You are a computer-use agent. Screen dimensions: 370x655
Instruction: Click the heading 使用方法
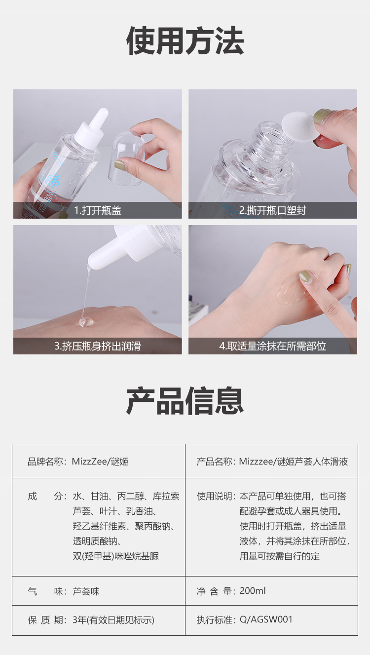click(x=185, y=40)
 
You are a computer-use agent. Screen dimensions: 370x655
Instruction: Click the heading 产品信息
click(x=185, y=400)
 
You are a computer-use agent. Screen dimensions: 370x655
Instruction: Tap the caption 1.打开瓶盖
click(x=98, y=210)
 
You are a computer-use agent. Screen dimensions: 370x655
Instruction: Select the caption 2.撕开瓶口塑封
click(x=272, y=210)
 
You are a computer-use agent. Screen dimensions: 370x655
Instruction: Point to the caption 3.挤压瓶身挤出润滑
click(x=98, y=346)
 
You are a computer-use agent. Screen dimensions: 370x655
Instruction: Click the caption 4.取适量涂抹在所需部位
click(x=272, y=346)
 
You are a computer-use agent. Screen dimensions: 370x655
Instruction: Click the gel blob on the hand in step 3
click(x=86, y=322)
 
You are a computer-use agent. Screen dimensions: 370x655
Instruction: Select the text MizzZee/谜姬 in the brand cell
click(x=100, y=462)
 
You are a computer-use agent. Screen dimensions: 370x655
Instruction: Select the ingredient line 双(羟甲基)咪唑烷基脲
click(x=116, y=556)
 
